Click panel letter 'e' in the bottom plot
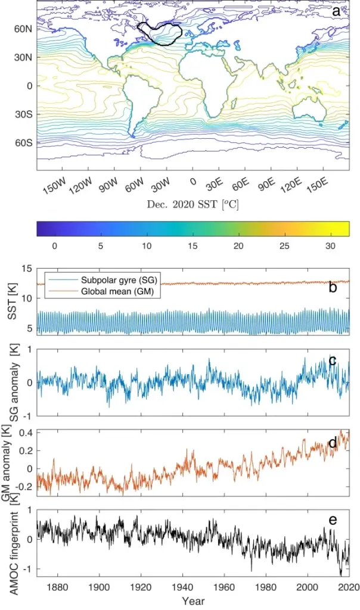333,520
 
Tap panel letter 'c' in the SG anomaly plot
333,360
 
